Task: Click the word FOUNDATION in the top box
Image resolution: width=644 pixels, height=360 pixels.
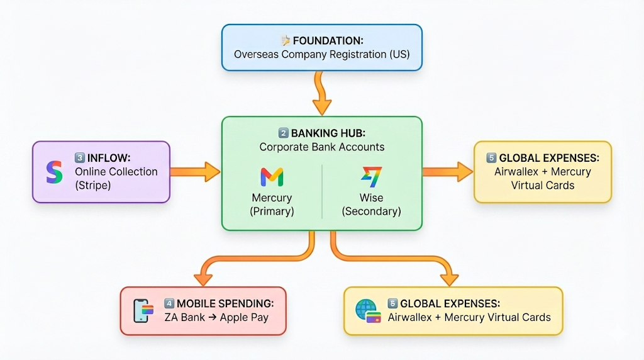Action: pos(328,41)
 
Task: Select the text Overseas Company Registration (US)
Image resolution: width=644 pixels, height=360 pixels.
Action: pos(321,54)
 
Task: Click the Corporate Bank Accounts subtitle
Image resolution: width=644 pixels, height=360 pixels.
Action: pos(321,147)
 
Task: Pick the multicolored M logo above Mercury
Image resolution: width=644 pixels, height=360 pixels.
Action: pos(272,177)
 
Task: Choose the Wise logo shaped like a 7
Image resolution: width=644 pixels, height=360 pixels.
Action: pos(371,177)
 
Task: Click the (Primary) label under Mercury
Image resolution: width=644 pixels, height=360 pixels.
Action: pos(272,211)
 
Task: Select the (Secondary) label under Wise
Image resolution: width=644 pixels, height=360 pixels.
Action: pos(371,211)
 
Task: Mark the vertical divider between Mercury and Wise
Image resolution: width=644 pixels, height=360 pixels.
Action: pos(322,191)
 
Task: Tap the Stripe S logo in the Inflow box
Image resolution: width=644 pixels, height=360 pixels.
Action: pos(55,172)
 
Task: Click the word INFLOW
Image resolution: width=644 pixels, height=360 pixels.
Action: pos(108,157)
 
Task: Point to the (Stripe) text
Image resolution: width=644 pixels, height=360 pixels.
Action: pos(94,185)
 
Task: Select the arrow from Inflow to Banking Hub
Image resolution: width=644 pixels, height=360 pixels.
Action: pos(195,171)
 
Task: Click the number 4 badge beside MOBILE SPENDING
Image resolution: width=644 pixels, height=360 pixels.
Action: pos(169,303)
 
